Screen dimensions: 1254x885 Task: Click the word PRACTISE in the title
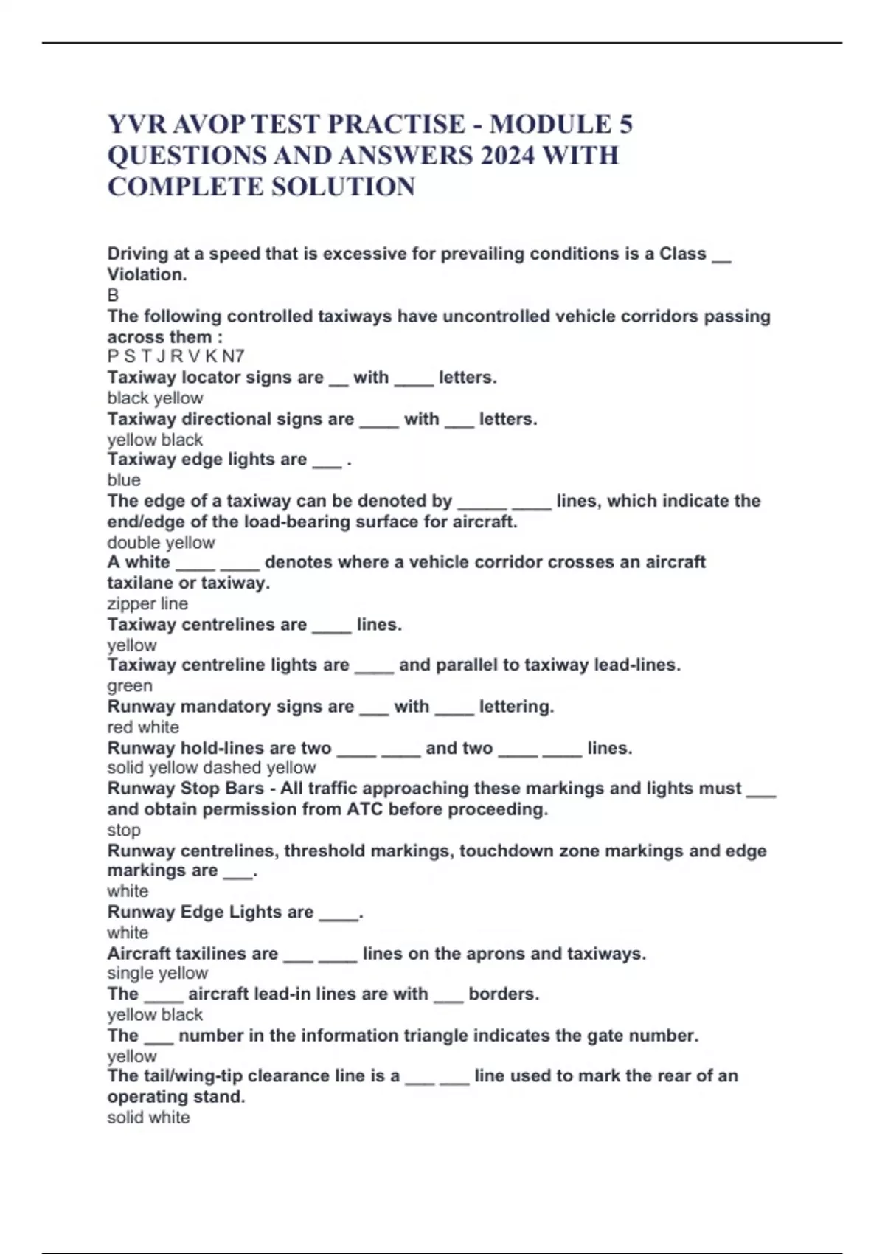(396, 124)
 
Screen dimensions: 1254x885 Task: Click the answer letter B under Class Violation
(113, 295)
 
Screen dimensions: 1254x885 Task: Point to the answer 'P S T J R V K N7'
(176, 356)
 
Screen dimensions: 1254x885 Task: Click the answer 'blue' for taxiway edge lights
(124, 479)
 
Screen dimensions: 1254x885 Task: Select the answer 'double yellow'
(161, 542)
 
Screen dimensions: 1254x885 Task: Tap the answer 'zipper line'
(147, 603)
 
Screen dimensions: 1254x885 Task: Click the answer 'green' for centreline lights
(130, 685)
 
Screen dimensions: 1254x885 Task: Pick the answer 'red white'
(143, 727)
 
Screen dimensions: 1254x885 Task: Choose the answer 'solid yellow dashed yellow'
(212, 767)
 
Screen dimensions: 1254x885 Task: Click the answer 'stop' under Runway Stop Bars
(124, 830)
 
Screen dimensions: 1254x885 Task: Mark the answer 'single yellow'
(158, 973)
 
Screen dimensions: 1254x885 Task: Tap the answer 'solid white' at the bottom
(148, 1118)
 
